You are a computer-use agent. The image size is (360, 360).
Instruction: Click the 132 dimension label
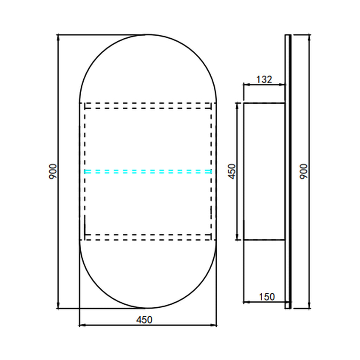tap(264, 79)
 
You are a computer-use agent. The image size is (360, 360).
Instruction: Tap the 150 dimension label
tap(267, 297)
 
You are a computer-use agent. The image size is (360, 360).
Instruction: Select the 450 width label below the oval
tap(144, 320)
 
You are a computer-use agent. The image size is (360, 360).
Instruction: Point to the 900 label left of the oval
tap(53, 172)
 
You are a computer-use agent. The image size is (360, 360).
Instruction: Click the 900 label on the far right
tap(304, 172)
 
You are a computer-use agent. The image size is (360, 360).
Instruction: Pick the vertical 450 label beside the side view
tap(232, 172)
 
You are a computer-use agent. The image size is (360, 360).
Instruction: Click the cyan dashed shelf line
tap(148, 172)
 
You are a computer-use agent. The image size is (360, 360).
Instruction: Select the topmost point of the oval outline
tap(148, 35)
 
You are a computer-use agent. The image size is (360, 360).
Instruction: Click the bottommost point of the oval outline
tap(148, 308)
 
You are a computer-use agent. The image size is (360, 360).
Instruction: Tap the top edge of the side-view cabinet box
tap(264, 103)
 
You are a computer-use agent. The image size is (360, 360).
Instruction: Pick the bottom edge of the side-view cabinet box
tap(264, 240)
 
